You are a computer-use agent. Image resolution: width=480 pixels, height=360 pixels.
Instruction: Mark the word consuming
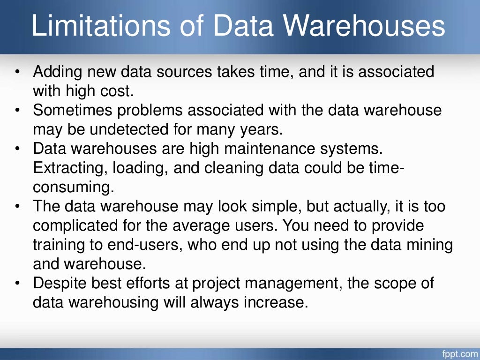pyautogui.click(x=73, y=187)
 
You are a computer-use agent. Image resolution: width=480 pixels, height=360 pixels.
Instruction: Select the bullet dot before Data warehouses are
pyautogui.click(x=17, y=149)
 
